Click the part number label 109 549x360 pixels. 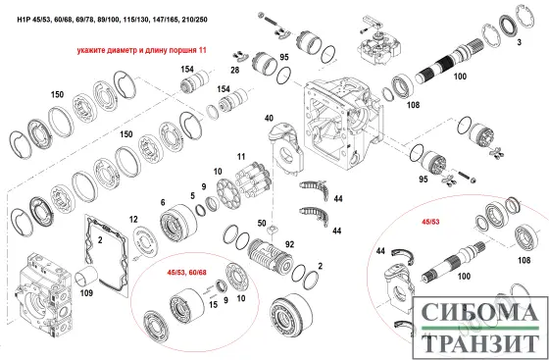pos(86,292)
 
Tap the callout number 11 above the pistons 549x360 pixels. pos(241,156)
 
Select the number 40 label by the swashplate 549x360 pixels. pos(269,118)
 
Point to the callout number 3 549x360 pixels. pos(520,42)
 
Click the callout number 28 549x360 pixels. pos(235,70)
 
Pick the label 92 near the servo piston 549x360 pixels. pos(289,244)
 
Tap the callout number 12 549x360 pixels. pos(133,219)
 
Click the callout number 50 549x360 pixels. pos(262,223)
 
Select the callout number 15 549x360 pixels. pos(214,305)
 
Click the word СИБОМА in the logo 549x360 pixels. pos(479,313)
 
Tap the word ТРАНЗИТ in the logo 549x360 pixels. pos(481,343)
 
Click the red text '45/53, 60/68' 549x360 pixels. pos(187,272)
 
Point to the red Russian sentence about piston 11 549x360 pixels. pos(142,50)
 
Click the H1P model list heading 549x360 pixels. pos(112,20)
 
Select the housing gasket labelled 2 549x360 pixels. pos(107,251)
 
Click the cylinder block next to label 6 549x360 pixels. pos(177,224)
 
